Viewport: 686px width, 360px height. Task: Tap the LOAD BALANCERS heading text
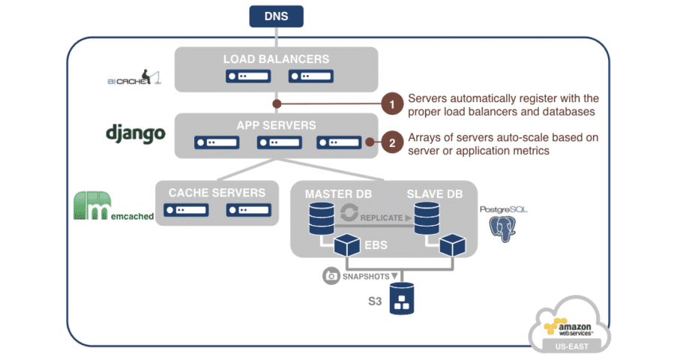[x=276, y=58]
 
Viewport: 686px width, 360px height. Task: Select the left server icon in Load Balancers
[x=243, y=76]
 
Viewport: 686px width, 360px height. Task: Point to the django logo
[x=135, y=133]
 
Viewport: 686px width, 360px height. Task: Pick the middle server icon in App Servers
[x=274, y=142]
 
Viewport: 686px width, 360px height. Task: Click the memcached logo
[x=113, y=207]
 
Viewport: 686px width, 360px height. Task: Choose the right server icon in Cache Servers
[x=243, y=211]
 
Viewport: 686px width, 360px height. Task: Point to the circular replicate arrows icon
[x=349, y=214]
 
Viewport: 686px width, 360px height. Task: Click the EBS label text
[x=377, y=244]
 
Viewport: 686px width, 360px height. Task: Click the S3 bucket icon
[x=403, y=298]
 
